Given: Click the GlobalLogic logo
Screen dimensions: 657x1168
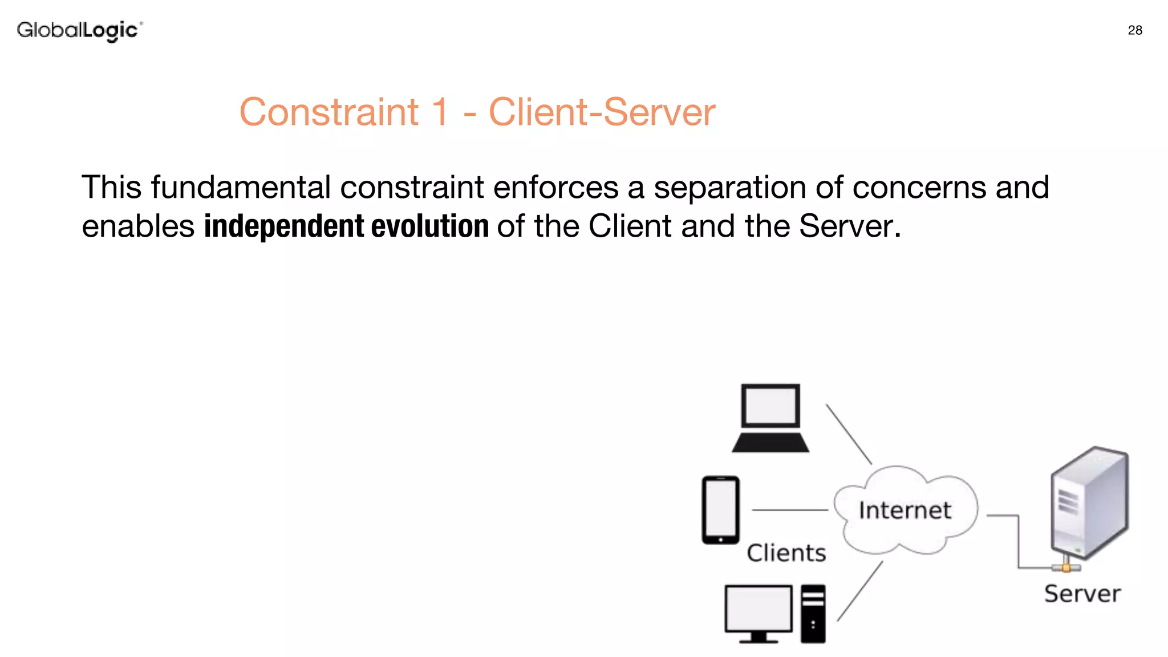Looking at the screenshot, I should click(x=79, y=30).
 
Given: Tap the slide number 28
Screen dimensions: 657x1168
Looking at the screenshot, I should click(x=1135, y=30).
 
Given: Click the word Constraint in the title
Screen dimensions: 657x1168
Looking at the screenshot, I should click(x=329, y=112).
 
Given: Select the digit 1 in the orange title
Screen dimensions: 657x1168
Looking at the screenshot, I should click(x=440, y=112).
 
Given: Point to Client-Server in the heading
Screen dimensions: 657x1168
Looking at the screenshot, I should click(x=602, y=112).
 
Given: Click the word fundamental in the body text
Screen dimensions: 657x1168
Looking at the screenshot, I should click(x=241, y=187).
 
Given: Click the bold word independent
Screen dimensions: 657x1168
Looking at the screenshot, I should click(x=284, y=226).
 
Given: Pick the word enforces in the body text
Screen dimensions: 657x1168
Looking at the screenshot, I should click(x=555, y=187).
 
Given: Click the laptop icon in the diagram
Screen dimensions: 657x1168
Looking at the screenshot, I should click(x=770, y=418).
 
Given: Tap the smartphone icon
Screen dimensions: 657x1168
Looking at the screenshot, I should click(x=721, y=510).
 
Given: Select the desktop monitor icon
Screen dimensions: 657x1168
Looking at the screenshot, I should click(x=759, y=613).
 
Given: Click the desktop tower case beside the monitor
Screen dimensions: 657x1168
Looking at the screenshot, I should click(x=813, y=614).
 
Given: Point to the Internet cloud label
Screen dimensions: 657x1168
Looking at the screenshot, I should click(x=905, y=510).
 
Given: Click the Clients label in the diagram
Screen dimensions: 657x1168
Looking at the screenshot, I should click(x=786, y=553).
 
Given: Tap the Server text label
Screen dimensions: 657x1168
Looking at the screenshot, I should click(x=1082, y=594).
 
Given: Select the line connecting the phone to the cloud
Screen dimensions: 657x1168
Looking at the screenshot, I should click(x=790, y=510).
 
